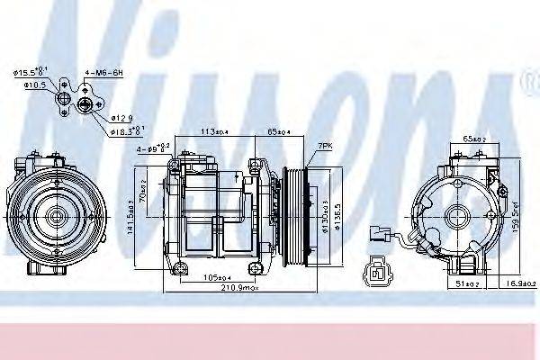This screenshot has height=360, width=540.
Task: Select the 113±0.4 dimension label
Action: coord(211,130)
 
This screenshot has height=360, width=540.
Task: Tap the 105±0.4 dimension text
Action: coord(205,276)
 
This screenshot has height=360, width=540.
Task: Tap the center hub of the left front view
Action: coord(50,216)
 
